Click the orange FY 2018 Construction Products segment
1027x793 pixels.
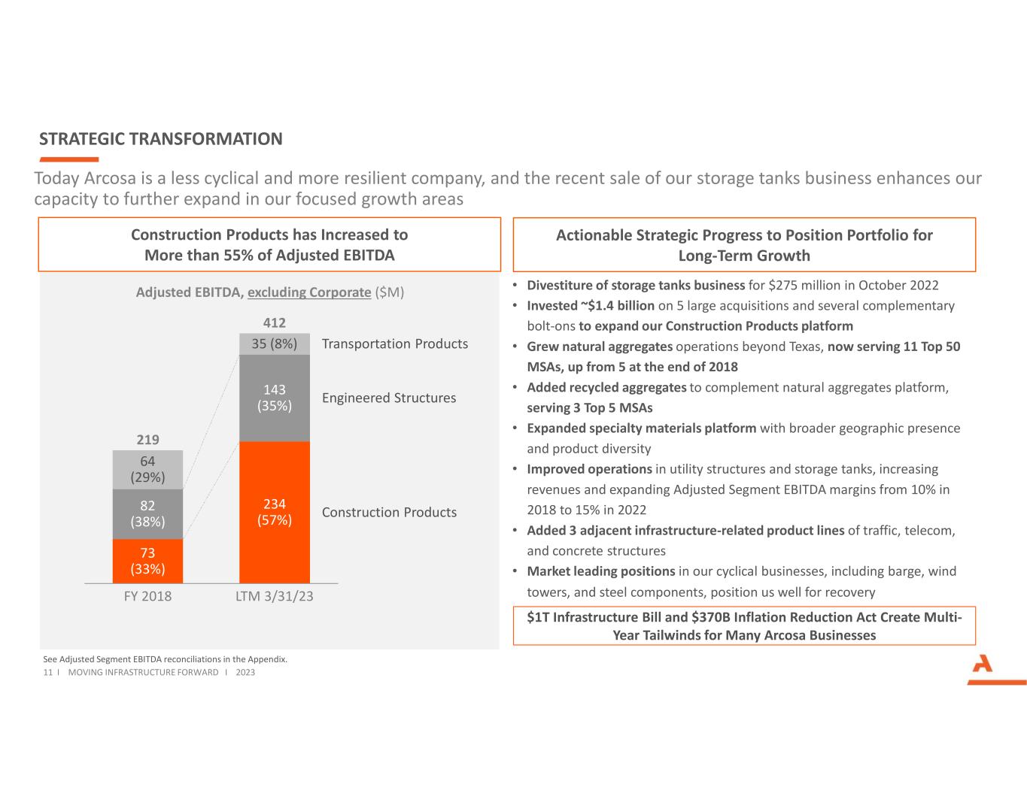point(147,561)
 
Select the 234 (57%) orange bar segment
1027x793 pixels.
point(274,512)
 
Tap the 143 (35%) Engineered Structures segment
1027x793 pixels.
point(274,398)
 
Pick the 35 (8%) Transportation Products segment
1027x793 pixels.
point(274,344)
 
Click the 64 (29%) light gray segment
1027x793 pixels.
point(147,469)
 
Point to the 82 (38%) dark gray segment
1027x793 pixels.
point(147,513)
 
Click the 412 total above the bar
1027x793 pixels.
point(274,322)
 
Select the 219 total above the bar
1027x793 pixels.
point(147,440)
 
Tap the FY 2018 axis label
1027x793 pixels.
point(147,596)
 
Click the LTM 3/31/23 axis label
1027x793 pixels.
point(274,596)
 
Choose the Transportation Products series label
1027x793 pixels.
point(394,344)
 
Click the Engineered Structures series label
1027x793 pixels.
point(388,398)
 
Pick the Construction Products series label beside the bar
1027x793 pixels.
point(389,512)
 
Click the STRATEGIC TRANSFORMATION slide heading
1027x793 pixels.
point(161,139)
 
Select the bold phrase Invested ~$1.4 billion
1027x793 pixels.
point(590,306)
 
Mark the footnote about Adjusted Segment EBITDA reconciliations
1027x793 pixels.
point(166,659)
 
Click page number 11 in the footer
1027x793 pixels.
point(47,672)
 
